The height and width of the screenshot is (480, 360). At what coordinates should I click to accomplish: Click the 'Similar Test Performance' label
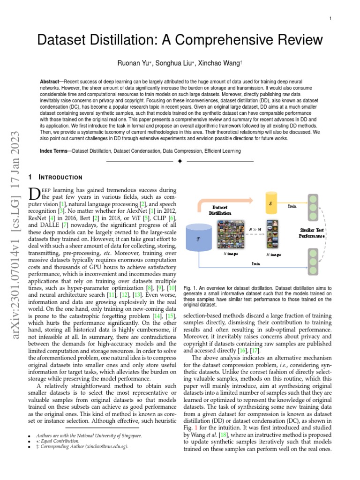(312, 233)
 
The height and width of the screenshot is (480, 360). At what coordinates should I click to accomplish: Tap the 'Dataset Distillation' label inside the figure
(220, 210)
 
